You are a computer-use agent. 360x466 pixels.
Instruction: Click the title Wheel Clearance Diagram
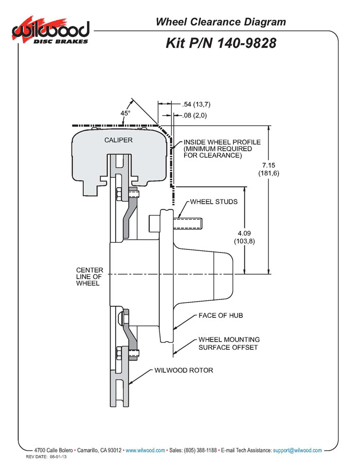220,22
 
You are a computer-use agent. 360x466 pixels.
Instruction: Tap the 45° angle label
125,113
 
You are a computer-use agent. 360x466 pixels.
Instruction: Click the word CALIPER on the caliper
118,140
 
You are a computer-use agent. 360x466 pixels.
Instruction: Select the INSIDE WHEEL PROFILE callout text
222,148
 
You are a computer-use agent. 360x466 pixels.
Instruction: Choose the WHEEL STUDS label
214,202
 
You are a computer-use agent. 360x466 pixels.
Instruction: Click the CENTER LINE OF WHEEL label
89,276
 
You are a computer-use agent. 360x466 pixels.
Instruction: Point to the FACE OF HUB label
221,315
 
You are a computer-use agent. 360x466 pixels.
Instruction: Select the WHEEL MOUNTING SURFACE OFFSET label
229,344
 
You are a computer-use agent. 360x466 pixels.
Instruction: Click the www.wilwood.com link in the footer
145,450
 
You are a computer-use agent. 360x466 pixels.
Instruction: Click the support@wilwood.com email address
298,450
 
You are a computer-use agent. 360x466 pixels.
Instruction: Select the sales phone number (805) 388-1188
200,450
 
